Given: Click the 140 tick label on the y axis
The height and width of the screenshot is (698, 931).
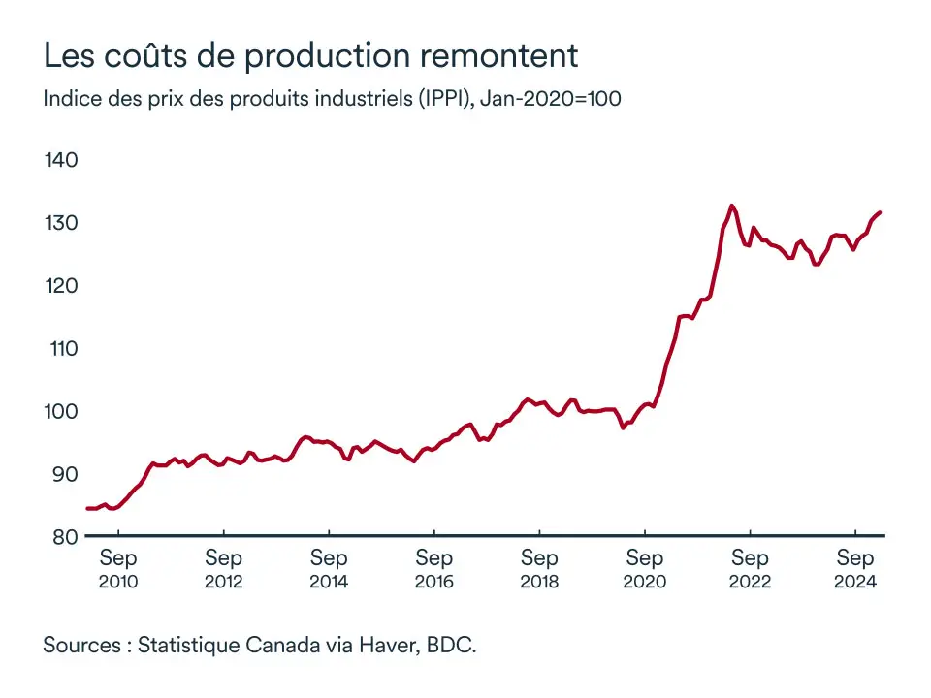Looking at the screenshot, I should coord(61,160).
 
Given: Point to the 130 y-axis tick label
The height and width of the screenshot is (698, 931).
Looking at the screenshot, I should coord(61,223).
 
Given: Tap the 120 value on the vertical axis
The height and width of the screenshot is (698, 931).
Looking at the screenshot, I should coord(61,286).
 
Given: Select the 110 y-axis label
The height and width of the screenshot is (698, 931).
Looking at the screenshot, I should coord(61,349).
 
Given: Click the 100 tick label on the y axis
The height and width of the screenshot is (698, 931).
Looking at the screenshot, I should coord(61,412).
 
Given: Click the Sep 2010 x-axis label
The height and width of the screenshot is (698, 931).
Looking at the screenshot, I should coord(118,569).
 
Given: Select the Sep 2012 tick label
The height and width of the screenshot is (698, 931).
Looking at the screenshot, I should coord(223,569).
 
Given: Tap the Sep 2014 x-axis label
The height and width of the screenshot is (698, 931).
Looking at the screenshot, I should coord(329,569).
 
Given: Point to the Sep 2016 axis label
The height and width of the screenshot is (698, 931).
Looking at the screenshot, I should coord(433,569).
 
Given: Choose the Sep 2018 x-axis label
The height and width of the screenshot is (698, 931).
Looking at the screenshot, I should coord(539,569).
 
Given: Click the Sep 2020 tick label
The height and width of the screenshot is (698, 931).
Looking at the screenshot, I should coord(645,569).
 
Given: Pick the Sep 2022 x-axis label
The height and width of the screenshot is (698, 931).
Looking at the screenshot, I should coord(750,569).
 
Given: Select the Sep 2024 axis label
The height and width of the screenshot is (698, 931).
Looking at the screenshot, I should coord(855,569).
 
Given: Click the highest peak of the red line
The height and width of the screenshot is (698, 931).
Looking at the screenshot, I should coord(731,206).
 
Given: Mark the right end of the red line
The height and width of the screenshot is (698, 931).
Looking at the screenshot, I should coord(880,212).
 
